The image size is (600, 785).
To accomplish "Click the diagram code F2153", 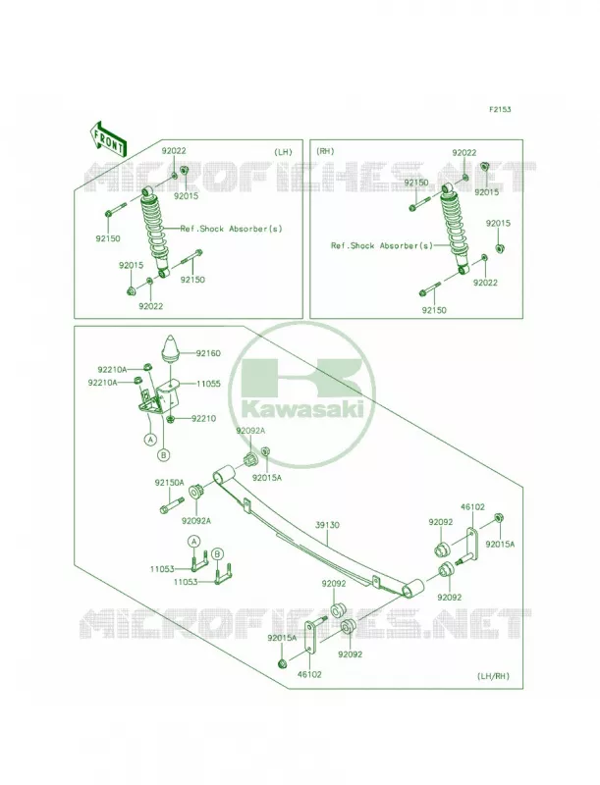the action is point(501,109).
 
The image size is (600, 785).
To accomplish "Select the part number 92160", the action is point(208,353).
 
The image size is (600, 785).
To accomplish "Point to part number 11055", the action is point(208,384).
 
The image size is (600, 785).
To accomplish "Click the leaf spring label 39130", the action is point(328,525).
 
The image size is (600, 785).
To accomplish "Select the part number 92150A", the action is point(169,483).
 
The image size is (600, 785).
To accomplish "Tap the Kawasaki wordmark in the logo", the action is point(303,409).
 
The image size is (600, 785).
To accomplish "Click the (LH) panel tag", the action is point(283,152).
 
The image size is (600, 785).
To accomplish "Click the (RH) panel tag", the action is point(325,151).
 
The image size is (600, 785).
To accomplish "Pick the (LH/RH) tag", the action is point(493,676).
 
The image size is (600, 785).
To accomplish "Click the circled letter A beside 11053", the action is point(194,541).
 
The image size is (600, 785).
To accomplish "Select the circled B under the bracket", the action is point(164,455).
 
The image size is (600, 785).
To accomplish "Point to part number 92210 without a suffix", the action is point(204,419).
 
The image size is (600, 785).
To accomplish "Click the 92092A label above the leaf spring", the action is point(250,431).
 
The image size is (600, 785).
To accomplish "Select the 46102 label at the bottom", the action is point(309,675).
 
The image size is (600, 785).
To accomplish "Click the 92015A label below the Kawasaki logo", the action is point(267,478).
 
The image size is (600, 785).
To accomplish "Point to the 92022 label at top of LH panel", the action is point(174,150).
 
